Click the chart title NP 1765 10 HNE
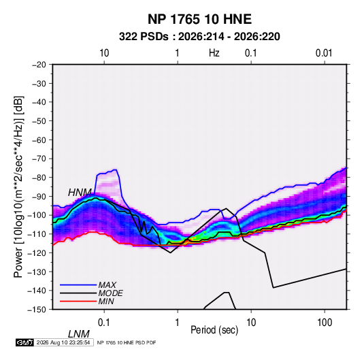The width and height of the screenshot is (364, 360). (x=199, y=19)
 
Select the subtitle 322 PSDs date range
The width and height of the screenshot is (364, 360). (x=199, y=37)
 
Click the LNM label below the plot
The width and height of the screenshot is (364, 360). (x=79, y=334)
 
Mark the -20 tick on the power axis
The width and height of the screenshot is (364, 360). (x=39, y=65)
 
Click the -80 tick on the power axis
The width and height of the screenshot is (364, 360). (x=39, y=178)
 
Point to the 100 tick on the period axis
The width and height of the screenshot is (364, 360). (x=325, y=323)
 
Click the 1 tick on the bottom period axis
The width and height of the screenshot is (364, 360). (x=178, y=323)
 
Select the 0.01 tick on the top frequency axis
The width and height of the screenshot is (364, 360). (x=324, y=53)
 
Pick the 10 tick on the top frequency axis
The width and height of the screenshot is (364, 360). (x=104, y=53)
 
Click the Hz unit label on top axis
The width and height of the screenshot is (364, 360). (x=214, y=53)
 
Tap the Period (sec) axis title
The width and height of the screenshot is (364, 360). (x=214, y=330)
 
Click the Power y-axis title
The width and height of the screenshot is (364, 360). (x=18, y=187)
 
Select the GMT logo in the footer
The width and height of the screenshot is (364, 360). (x=24, y=342)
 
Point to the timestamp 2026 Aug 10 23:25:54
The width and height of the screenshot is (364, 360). (x=63, y=342)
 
